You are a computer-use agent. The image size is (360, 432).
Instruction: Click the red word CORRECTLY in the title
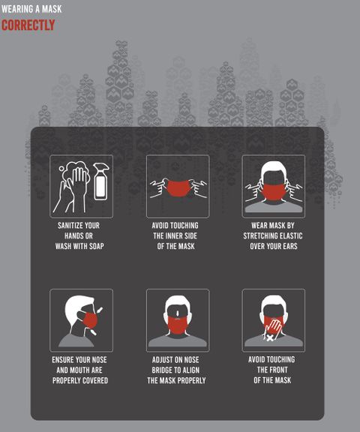click(28, 25)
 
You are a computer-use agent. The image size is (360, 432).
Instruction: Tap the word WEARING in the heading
click(14, 9)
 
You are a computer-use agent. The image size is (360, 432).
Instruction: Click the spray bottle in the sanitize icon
click(100, 181)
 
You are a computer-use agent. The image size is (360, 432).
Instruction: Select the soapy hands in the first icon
click(73, 187)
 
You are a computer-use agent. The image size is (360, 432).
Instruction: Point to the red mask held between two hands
click(178, 188)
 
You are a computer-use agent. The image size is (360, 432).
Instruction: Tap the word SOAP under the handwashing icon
click(97, 246)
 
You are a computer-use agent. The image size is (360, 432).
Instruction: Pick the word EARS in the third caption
click(290, 246)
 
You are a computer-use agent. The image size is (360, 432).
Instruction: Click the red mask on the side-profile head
click(90, 321)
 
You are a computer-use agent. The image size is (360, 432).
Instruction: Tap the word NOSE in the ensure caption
click(99, 360)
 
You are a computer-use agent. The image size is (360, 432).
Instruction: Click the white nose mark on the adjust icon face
click(178, 313)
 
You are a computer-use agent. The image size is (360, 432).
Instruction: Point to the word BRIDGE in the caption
click(162, 370)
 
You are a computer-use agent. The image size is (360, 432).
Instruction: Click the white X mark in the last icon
click(270, 337)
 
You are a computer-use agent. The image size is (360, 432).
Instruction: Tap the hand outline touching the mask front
click(273, 327)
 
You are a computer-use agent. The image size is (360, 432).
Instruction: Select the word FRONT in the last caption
click(280, 370)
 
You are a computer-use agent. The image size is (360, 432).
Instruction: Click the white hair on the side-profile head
click(76, 306)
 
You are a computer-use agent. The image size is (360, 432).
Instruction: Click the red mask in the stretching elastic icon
click(274, 192)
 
